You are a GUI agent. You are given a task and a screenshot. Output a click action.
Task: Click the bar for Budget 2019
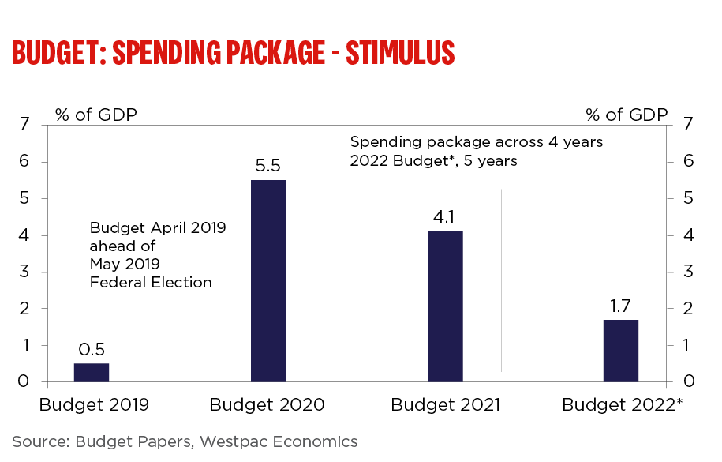coord(92,373)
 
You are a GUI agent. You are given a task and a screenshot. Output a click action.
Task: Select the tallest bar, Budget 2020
coord(268,281)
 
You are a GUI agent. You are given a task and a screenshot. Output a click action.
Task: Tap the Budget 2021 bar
coord(445,306)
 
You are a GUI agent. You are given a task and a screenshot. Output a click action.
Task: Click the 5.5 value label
coord(268,167)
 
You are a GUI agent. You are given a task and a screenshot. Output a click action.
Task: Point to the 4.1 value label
coord(445,218)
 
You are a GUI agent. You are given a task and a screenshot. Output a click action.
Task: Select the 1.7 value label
coord(621,306)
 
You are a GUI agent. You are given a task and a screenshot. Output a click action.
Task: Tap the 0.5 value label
coord(92,350)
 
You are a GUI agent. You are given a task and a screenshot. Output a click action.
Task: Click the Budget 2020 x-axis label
coord(267,406)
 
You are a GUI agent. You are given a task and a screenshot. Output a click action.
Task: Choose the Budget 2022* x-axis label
coord(623,406)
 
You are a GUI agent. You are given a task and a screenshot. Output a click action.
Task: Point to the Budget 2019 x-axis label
coord(94,406)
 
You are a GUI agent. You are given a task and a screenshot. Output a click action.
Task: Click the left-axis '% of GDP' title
coord(96,115)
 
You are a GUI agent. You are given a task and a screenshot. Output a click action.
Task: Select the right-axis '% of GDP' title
coord(627,115)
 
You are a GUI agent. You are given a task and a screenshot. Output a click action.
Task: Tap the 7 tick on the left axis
coord(24,125)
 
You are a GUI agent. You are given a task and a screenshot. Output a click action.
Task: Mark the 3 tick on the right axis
coord(689,272)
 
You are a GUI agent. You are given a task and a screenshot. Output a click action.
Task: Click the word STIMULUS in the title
coord(400,52)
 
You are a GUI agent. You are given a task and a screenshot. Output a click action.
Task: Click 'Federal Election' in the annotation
coord(151,283)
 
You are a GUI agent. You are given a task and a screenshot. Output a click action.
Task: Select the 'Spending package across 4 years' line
coord(477,142)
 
